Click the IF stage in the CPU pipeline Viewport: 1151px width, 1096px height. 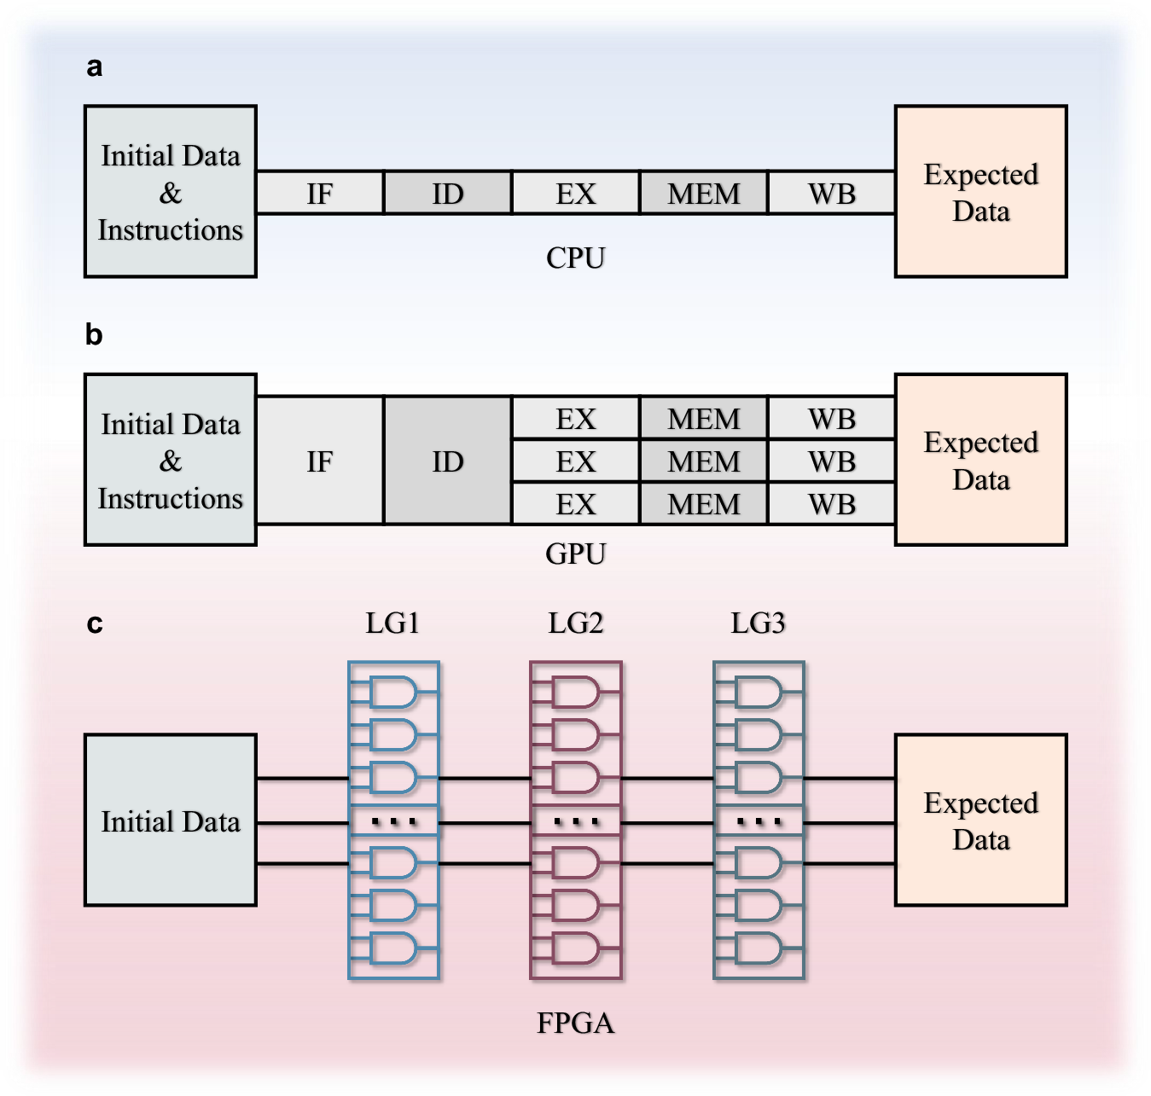click(320, 193)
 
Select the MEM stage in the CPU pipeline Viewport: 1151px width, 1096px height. click(704, 193)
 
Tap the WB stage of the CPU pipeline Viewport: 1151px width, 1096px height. click(831, 193)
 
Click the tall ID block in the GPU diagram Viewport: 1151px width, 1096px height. click(448, 461)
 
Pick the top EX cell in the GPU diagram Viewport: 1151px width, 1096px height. click(576, 419)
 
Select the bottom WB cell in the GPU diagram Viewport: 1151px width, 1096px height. click(831, 504)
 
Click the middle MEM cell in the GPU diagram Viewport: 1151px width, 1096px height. click(704, 461)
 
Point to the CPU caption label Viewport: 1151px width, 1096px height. click(576, 258)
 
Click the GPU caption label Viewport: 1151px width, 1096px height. click(576, 554)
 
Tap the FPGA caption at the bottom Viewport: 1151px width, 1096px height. click(576, 1022)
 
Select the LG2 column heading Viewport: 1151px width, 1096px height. click(576, 623)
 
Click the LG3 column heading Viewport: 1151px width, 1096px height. click(758, 623)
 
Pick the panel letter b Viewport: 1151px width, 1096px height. click(94, 334)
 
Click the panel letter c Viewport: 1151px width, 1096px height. click(95, 623)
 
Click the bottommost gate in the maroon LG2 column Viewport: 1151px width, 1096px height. click(576, 948)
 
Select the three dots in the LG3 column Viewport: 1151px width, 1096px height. click(759, 822)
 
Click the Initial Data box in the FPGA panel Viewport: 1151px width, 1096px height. click(171, 821)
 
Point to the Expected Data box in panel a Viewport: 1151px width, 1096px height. click(980, 192)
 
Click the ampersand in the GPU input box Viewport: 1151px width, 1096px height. click(171, 461)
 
